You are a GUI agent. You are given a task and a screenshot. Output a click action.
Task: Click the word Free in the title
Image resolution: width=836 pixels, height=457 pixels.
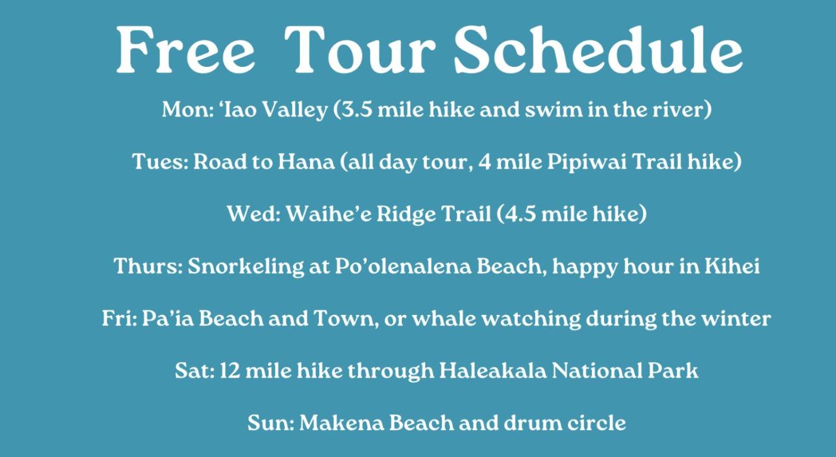tap(186, 50)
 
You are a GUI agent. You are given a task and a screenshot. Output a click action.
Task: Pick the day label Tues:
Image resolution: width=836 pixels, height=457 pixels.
tap(160, 162)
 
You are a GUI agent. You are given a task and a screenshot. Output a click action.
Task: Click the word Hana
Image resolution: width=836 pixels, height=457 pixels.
tap(306, 162)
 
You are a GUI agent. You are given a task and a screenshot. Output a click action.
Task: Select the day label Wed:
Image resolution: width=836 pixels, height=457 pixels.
tap(254, 214)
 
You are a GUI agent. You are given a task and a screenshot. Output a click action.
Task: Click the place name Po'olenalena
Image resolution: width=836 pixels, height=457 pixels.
tap(403, 266)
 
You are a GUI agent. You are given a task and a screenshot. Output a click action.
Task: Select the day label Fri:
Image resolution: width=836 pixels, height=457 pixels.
tap(119, 318)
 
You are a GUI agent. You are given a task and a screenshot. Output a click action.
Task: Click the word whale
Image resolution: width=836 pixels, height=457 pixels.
tap(444, 318)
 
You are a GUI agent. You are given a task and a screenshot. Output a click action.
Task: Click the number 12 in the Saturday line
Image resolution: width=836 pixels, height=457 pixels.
tap(229, 371)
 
